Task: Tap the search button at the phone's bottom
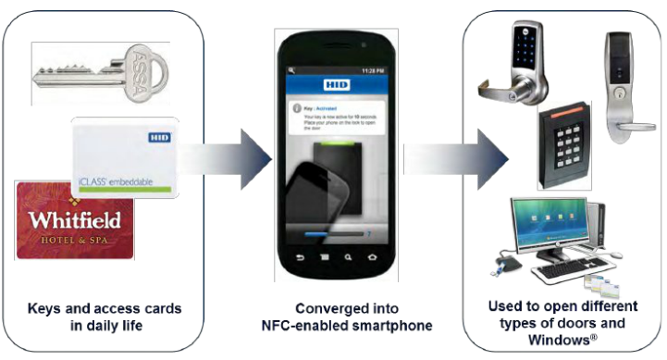(x=348, y=255)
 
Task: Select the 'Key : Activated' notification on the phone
(x=319, y=106)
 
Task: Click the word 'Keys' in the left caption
(x=55, y=310)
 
